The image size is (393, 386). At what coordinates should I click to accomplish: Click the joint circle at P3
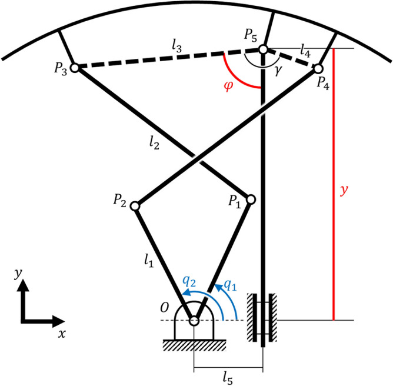tap(75, 68)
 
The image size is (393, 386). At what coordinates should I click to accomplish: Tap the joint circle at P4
tap(319, 69)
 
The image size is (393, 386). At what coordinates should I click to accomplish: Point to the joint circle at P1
tap(251, 199)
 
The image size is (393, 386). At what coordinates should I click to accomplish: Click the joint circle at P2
tap(135, 206)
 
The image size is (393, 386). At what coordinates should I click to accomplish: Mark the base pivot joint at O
tap(194, 321)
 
